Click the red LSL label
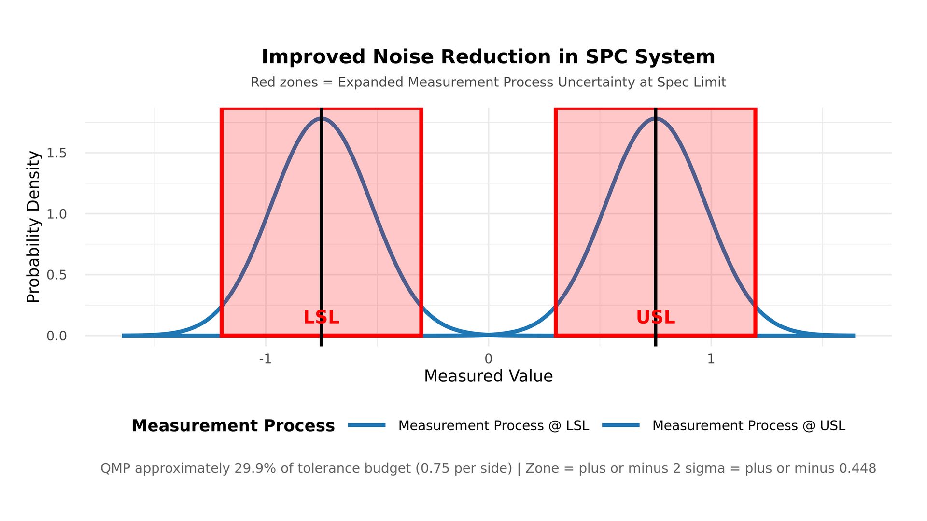tap(321, 317)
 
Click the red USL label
tap(655, 317)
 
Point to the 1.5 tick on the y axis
tap(56, 153)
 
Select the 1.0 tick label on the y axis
tap(56, 214)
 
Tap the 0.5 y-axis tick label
tap(56, 275)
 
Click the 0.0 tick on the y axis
tap(56, 336)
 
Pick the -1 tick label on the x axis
tap(265, 359)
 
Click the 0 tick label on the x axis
tap(488, 359)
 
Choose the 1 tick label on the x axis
tap(711, 359)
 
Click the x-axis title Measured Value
tap(488, 376)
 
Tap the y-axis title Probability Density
tap(33, 227)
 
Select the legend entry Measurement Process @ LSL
tap(493, 425)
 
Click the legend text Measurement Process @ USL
tap(748, 425)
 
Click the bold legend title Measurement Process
tap(233, 425)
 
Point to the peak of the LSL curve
tap(321, 118)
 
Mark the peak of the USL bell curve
tap(655, 118)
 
